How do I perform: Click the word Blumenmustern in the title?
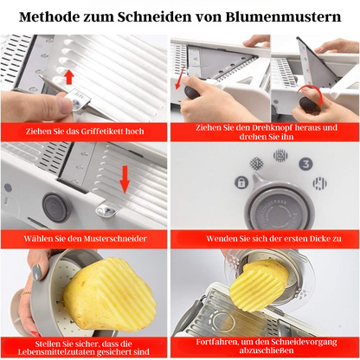click(277, 16)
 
